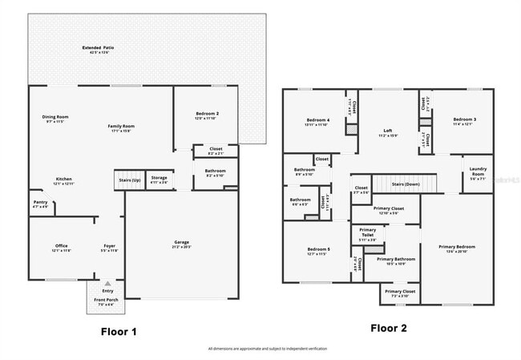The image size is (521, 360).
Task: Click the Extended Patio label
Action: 97,48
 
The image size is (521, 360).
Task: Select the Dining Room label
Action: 55,117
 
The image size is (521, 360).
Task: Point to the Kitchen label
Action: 64,179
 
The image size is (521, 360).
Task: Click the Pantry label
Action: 40,202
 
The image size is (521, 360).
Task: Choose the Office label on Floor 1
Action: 61,246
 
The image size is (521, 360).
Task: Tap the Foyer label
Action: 109,246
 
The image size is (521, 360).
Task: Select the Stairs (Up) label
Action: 129,180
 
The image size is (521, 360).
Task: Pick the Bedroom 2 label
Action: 207,114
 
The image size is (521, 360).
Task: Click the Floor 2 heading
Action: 388,328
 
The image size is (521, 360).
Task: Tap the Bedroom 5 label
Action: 318,249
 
